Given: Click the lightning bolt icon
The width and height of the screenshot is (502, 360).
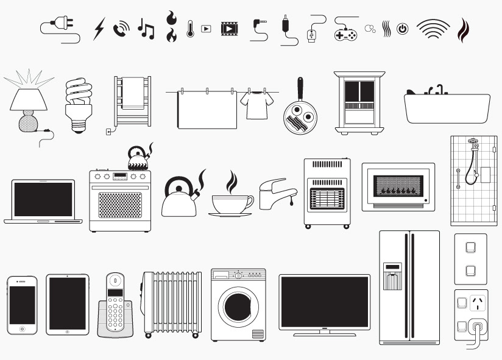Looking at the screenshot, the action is click(x=99, y=29).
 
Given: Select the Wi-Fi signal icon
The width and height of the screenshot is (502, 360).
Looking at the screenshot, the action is click(x=433, y=29).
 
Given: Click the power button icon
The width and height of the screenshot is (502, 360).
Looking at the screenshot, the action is click(x=402, y=29).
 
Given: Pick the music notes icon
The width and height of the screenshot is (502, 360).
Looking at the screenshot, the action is click(x=146, y=29).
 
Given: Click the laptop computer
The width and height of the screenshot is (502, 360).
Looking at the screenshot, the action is click(x=43, y=201).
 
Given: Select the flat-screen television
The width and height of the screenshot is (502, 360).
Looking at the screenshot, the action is click(x=324, y=303).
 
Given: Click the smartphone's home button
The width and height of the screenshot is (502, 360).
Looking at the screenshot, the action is click(x=23, y=328).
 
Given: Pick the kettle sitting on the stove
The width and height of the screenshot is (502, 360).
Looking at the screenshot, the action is click(x=138, y=159).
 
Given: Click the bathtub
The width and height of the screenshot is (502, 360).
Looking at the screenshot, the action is click(x=447, y=108).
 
